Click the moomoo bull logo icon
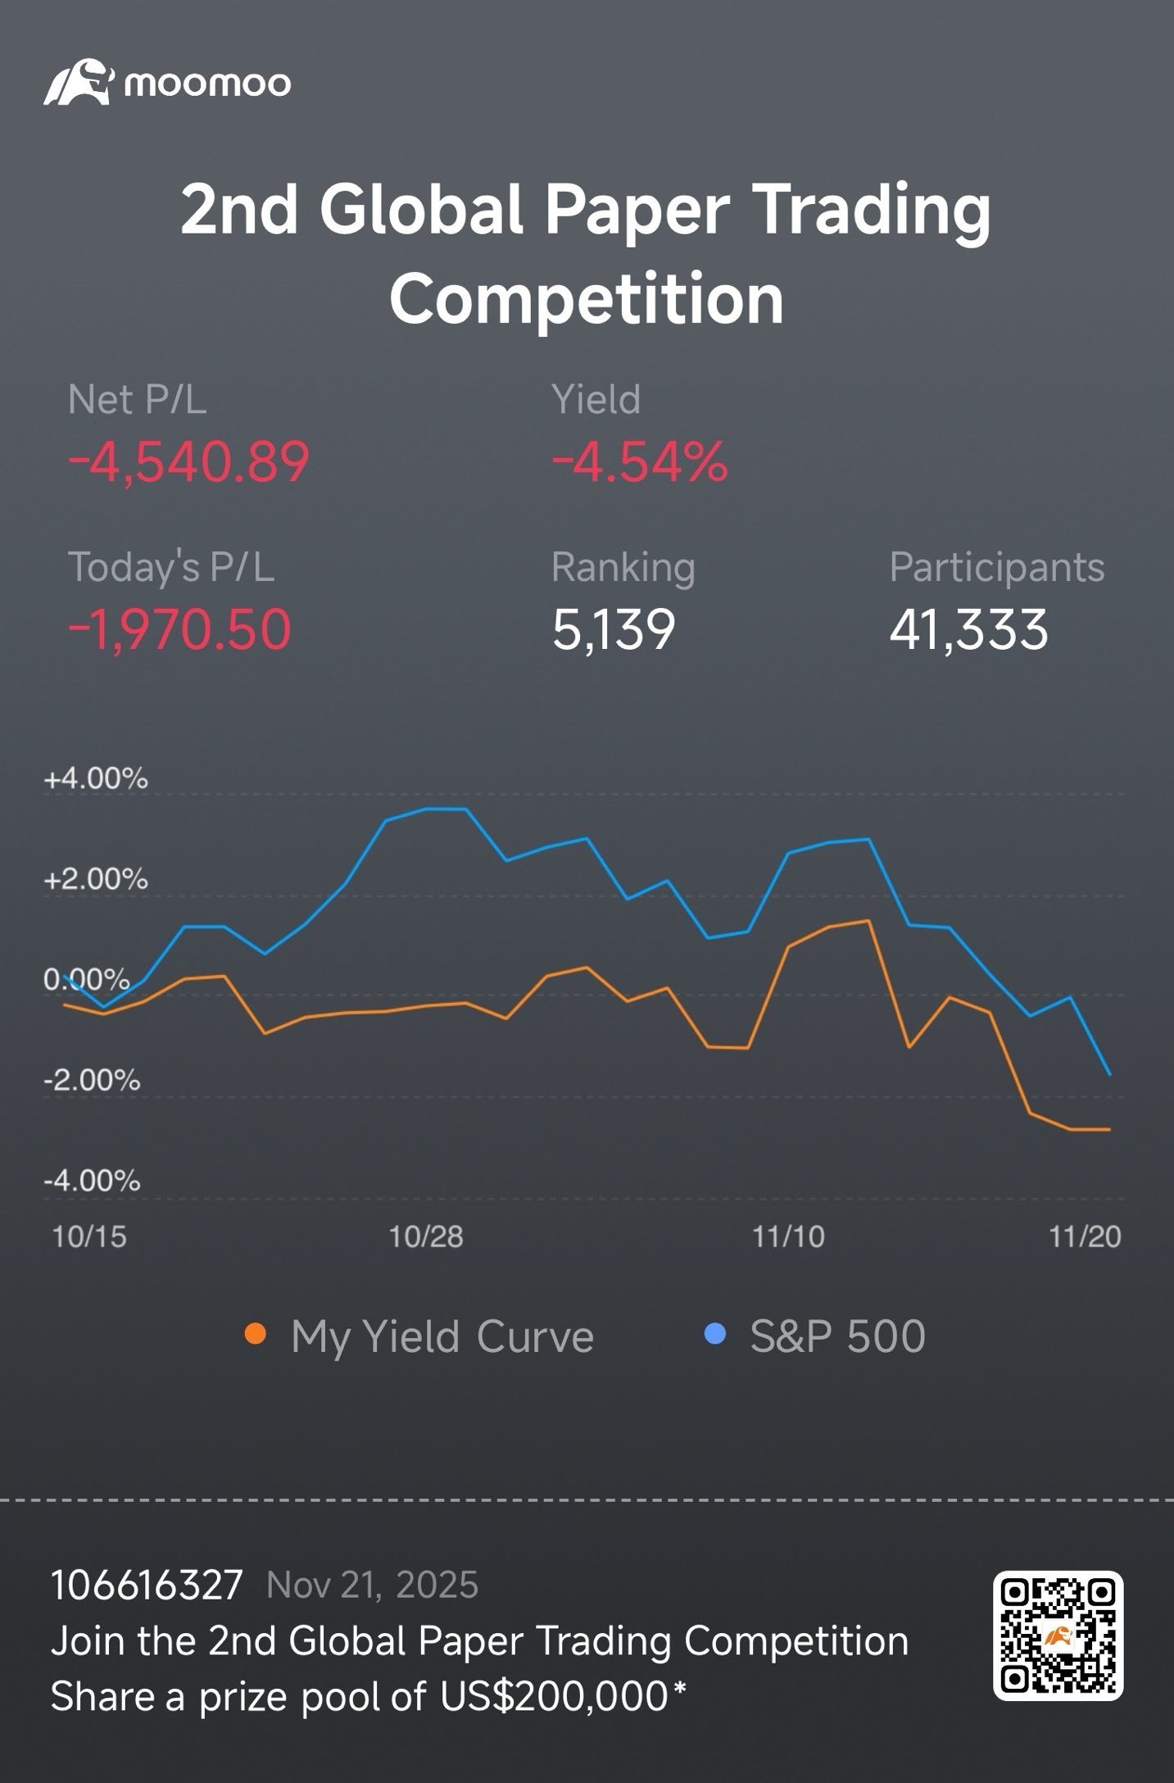point(78,82)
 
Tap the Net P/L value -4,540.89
point(188,461)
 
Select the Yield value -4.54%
point(640,461)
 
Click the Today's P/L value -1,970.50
point(179,629)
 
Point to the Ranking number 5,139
point(614,629)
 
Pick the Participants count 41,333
point(968,629)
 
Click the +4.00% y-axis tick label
point(96,778)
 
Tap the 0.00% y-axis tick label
point(87,980)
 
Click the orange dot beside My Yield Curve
point(256,1335)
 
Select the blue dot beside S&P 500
point(715,1335)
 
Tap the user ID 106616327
point(147,1586)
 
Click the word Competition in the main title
point(587,299)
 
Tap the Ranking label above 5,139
point(623,568)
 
